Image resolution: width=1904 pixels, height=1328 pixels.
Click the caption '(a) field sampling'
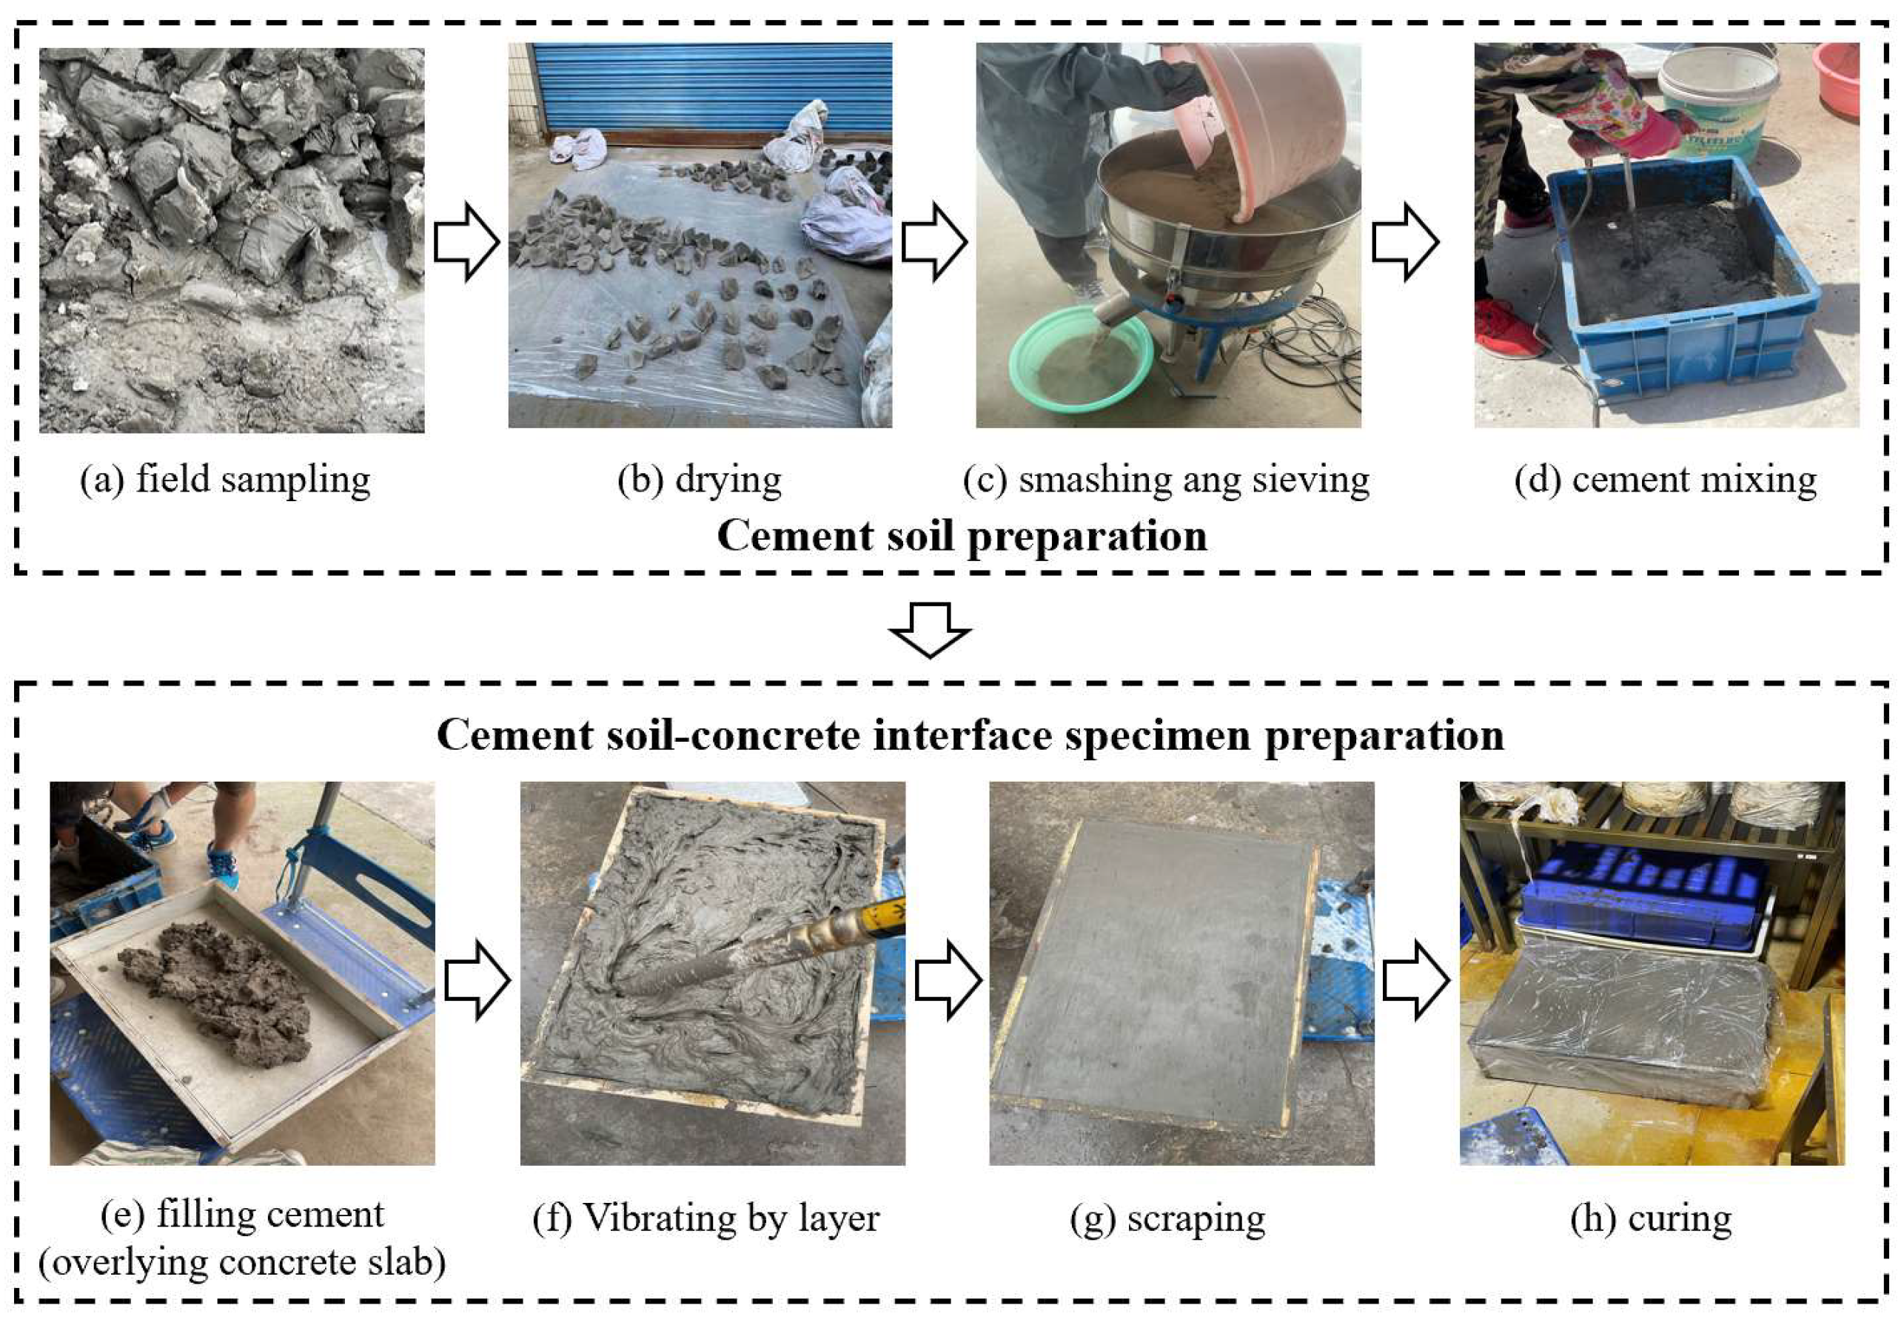coord(225,480)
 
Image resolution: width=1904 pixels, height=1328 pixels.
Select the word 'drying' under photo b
coord(728,480)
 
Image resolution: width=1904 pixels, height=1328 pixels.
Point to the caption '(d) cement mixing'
coord(1665,480)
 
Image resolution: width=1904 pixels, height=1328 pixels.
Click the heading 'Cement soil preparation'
coord(961,535)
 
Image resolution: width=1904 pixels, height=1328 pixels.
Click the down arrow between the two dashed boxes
coord(930,628)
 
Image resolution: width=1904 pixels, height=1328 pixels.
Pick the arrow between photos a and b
coord(466,241)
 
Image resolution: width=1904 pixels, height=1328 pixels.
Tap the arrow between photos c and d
coord(1405,241)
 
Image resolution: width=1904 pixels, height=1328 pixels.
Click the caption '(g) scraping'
coord(1167,1218)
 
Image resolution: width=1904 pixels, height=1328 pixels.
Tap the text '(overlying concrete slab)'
coord(241,1262)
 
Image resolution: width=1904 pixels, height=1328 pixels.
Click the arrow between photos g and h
coord(1416,979)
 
